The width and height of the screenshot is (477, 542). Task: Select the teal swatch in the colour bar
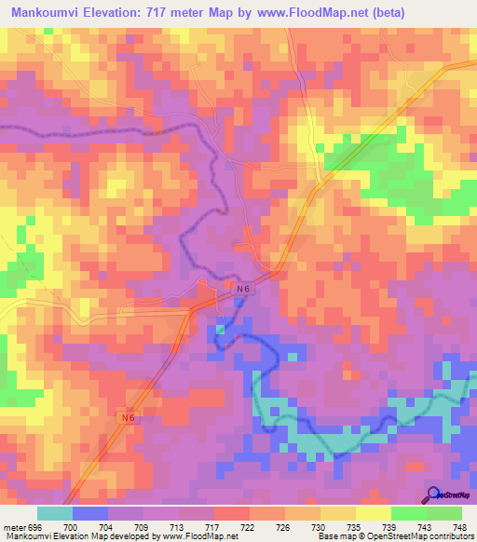pyautogui.click(x=55, y=513)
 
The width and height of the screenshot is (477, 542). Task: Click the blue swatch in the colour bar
pyautogui.click(x=90, y=513)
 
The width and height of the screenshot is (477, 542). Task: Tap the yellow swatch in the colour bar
pyautogui.click(x=373, y=513)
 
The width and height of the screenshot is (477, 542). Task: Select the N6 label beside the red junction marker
pyautogui.click(x=243, y=291)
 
